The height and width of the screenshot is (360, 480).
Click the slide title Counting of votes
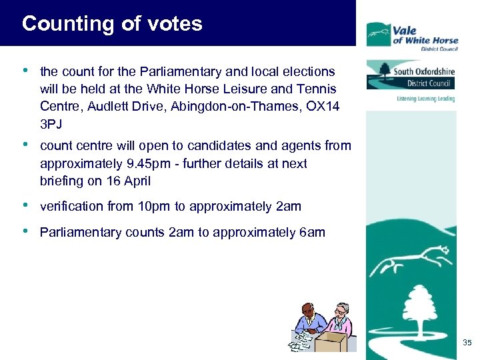tap(112, 24)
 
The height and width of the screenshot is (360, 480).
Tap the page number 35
tap(467, 343)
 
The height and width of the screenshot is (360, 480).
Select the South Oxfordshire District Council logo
tap(410, 75)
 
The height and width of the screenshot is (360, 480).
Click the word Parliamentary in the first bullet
tap(159, 71)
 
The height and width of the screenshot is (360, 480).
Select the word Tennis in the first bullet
tap(317, 88)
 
